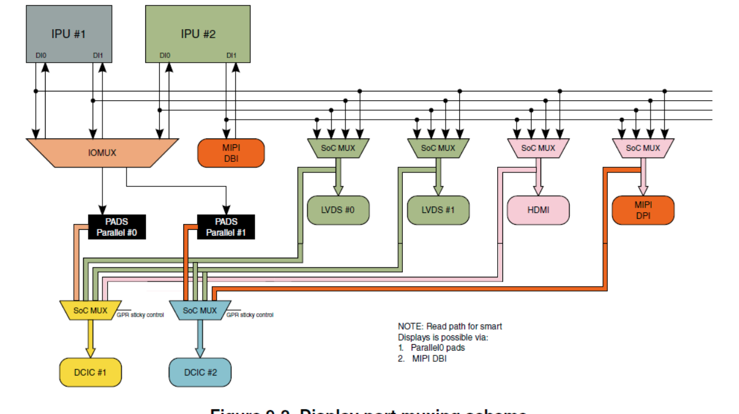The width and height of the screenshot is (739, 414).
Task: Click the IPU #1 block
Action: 69,33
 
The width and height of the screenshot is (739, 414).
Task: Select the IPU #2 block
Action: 197,33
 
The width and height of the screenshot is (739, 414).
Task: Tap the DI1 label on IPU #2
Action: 231,56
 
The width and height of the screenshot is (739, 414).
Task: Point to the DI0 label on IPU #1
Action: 40,56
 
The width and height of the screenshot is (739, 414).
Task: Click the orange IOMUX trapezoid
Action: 102,152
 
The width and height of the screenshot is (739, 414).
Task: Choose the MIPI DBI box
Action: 231,152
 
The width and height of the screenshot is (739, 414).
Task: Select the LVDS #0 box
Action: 338,210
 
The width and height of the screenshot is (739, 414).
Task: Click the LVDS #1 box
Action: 438,210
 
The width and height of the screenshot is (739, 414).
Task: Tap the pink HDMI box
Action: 538,210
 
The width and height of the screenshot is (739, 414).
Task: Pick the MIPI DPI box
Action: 642,210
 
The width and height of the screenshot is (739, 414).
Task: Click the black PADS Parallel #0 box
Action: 117,227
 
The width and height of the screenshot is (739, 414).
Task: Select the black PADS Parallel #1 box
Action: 226,227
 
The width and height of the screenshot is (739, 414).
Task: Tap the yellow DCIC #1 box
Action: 90,372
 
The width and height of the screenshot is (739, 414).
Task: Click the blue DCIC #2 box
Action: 200,372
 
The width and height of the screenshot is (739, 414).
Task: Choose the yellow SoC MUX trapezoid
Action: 90,310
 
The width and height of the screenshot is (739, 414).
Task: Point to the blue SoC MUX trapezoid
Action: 200,310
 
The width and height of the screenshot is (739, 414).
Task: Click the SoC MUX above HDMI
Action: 538,148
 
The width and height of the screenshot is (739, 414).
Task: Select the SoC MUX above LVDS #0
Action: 338,148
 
